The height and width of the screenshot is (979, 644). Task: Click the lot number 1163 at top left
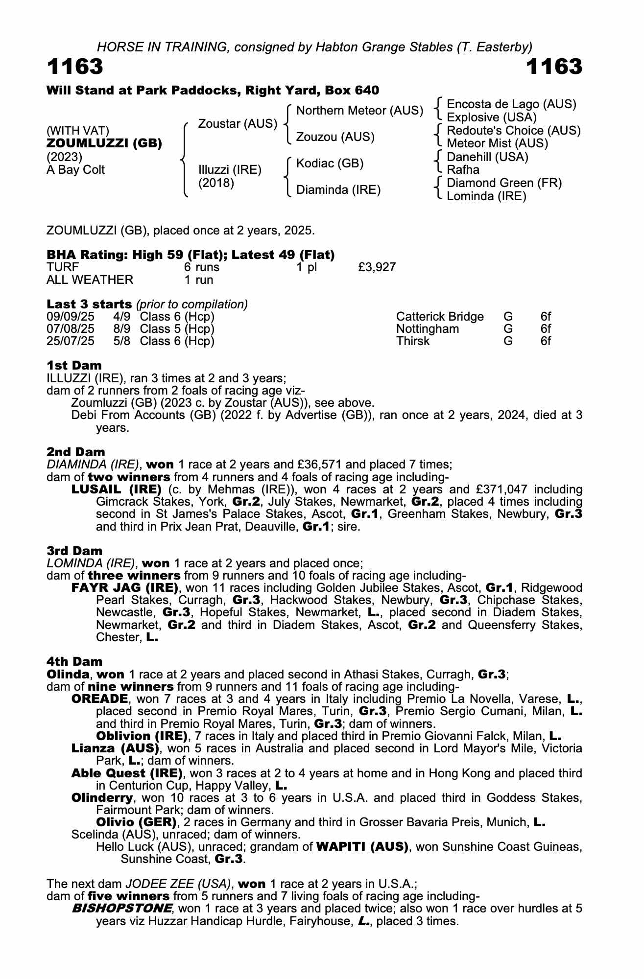75,67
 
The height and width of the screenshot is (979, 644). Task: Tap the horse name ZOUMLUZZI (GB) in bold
104,144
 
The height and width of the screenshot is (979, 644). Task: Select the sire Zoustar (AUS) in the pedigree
238,124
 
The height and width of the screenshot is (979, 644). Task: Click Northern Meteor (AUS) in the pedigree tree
359,111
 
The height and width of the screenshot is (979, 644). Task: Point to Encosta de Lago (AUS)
511,104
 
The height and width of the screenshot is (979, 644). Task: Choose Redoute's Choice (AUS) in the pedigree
514,131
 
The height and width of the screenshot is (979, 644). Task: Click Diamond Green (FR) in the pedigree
504,183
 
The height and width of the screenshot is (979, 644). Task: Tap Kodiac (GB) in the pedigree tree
330,163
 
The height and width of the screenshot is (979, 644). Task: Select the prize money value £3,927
377,267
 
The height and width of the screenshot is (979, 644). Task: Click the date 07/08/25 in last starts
70,329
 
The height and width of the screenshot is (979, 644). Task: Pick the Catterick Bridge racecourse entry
439,317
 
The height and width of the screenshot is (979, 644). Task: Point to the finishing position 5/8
121,341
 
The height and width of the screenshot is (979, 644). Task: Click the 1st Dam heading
74,366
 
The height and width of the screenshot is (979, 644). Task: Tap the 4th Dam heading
74,662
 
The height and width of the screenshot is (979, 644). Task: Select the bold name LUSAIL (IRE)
117,489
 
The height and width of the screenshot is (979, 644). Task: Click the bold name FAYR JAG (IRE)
124,588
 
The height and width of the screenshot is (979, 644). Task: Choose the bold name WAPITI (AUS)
362,847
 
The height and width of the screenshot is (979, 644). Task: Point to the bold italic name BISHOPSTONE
121,909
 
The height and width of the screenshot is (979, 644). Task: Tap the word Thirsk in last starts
412,341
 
